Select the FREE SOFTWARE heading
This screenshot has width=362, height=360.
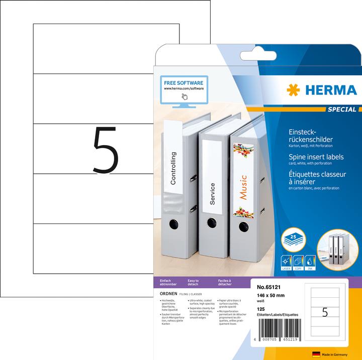point(183,82)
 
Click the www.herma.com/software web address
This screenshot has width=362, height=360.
point(183,88)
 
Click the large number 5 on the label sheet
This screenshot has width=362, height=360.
point(106,150)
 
